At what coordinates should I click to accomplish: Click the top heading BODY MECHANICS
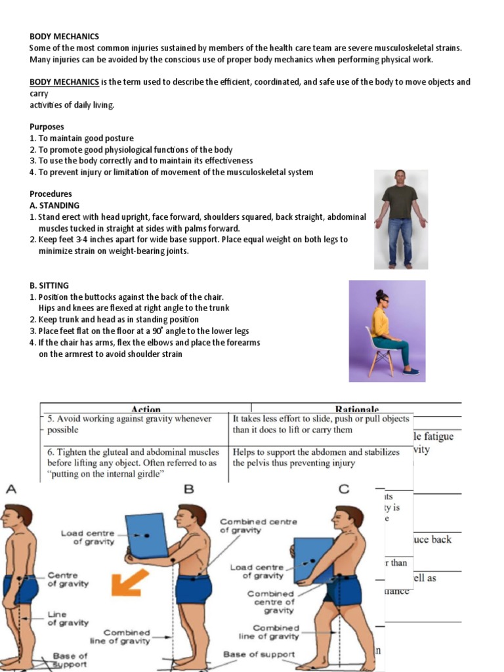(64, 37)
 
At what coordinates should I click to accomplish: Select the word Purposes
(47, 127)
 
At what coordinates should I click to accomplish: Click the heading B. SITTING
(49, 285)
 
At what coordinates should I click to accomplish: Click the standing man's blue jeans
(400, 240)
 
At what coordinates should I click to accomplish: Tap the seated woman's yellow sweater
(380, 322)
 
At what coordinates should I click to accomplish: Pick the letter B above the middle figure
(189, 489)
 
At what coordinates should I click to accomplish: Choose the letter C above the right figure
(344, 489)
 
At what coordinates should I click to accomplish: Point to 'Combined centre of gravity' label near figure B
(258, 526)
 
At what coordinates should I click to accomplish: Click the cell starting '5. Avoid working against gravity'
(135, 425)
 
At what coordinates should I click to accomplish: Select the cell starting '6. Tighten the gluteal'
(135, 463)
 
